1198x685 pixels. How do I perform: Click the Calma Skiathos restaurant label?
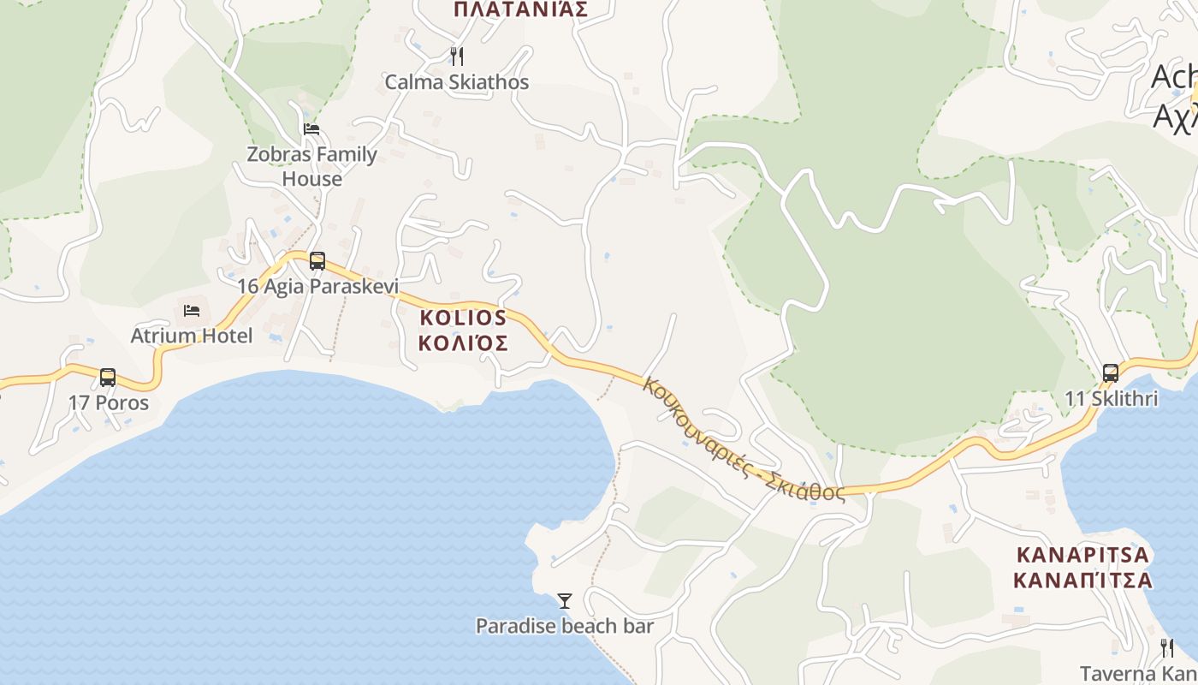point(456,82)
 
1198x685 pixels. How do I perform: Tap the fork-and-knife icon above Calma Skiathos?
point(457,57)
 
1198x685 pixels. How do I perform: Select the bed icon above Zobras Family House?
point(311,129)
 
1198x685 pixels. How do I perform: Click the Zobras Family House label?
point(311,166)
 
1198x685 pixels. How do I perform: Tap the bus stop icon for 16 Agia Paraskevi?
point(317,261)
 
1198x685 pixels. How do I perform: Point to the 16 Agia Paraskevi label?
point(317,286)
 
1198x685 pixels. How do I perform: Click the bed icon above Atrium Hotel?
point(192,310)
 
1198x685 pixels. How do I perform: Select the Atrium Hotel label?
point(192,336)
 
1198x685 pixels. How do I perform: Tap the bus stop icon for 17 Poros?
point(108,378)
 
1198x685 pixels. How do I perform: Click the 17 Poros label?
point(109,402)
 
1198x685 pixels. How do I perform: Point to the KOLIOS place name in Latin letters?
point(463,318)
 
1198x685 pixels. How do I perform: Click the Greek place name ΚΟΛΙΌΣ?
point(463,343)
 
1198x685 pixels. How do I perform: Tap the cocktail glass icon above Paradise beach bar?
point(565,601)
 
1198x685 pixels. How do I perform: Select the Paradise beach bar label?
point(565,626)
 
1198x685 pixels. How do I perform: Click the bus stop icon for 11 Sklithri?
point(1111,373)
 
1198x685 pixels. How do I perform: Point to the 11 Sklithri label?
point(1112,398)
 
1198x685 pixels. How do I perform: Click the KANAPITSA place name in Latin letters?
point(1082,554)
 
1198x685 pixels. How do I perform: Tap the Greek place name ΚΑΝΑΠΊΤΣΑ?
point(1082,580)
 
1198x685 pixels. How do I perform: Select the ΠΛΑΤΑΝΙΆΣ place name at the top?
point(520,9)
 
